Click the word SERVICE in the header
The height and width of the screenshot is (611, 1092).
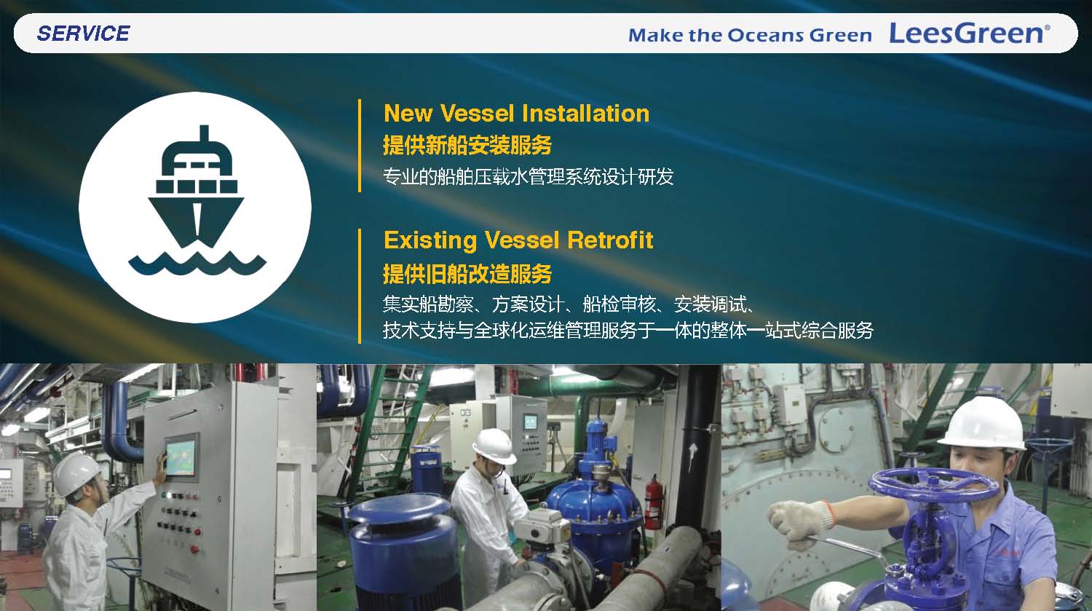(x=84, y=33)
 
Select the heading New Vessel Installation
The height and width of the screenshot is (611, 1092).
(x=516, y=113)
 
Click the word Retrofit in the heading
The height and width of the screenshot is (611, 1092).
(x=610, y=240)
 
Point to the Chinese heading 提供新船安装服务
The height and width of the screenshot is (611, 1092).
(x=467, y=145)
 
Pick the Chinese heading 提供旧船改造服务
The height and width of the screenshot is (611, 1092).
(x=467, y=274)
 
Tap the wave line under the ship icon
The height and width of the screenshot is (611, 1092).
(x=197, y=264)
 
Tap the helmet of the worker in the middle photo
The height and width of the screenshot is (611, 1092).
(x=494, y=446)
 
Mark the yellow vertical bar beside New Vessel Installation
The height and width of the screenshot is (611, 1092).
(x=360, y=146)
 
